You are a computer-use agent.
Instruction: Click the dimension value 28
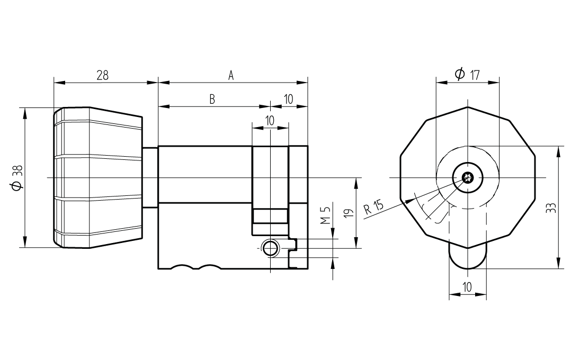(102, 75)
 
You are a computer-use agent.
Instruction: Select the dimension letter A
(231, 75)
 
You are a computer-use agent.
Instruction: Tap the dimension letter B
(212, 100)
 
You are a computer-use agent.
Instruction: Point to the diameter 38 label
(17, 177)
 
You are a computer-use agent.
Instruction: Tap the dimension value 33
(551, 208)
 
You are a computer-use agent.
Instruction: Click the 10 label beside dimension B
(289, 100)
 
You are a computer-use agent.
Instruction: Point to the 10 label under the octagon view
(467, 287)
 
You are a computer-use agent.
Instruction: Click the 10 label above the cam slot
(270, 120)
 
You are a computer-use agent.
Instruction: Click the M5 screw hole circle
(270, 247)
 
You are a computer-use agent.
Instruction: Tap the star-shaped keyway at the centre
(467, 178)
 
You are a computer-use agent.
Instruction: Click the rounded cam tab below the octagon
(467, 258)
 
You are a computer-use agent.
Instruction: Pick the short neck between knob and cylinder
(150, 177)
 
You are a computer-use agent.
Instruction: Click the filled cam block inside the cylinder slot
(270, 217)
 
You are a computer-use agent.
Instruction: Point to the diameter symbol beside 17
(459, 74)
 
